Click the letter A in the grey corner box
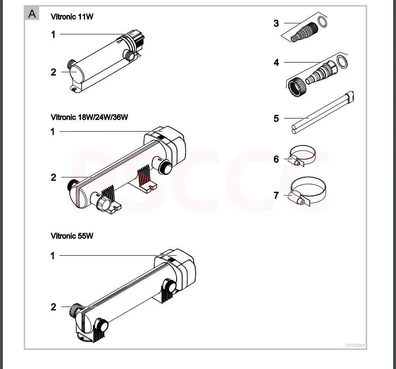pos(32,14)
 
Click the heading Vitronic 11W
pos(72,17)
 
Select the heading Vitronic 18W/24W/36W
pos(89,117)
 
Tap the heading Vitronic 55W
pos(72,236)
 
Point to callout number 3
pos(276,23)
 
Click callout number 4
pos(276,63)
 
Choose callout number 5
pos(276,118)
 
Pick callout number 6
pos(276,159)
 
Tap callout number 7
pos(276,195)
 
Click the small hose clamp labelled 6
pos(302,148)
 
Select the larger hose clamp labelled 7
pos(308,180)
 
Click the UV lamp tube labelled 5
pos(322,112)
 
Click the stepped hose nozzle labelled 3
pos(304,32)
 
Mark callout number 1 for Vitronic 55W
pos(53,256)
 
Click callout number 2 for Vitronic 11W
pos(53,72)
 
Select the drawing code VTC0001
pos(355,346)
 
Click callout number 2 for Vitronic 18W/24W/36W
pos(53,178)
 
